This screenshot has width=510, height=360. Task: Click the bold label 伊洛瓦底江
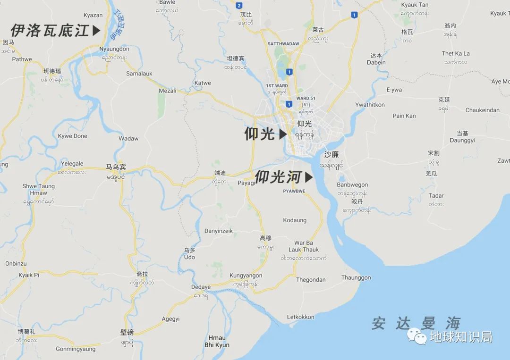(x=50, y=31)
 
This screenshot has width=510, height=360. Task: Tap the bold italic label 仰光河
(x=279, y=177)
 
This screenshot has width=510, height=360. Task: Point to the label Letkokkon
(x=300, y=317)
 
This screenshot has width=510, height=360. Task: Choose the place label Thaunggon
(x=356, y=278)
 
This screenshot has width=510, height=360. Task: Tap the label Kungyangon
(x=246, y=276)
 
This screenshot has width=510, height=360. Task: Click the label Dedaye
(x=201, y=287)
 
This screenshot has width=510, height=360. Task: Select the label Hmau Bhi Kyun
(x=217, y=342)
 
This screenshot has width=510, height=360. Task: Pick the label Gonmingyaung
(x=76, y=349)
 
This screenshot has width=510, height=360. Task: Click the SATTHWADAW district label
(x=283, y=44)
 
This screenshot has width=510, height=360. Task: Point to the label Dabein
(x=376, y=62)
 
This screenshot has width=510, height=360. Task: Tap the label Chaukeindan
(x=482, y=110)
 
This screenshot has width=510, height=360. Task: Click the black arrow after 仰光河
(x=309, y=177)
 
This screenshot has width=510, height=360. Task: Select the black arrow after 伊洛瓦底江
(x=96, y=31)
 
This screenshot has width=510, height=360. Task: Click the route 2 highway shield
(x=239, y=6)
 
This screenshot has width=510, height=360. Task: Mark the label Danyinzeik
(x=218, y=231)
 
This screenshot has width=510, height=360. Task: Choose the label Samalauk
(x=139, y=74)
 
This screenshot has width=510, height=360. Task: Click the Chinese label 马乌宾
(x=116, y=167)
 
